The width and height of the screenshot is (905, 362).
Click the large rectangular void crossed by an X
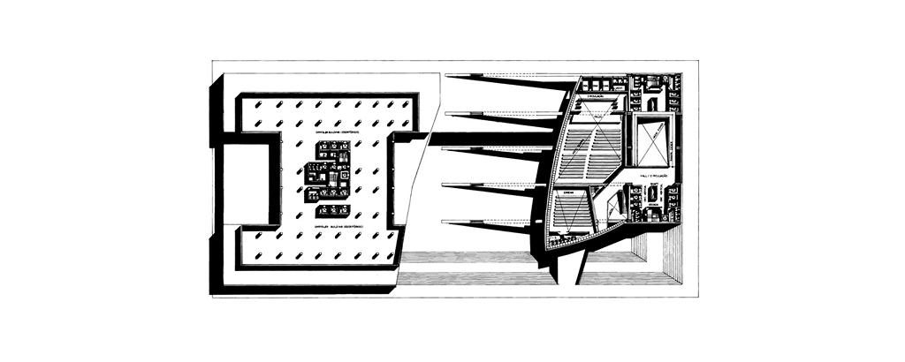pyautogui.click(x=653, y=140)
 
